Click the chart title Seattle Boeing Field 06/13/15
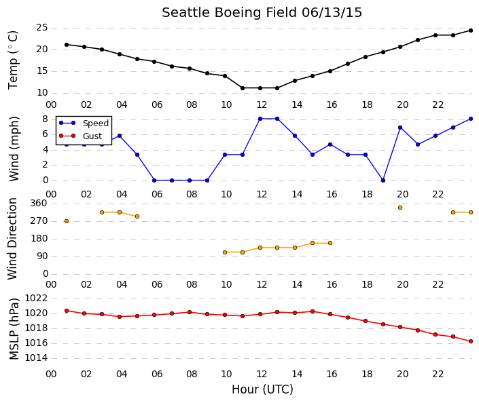click(x=262, y=13)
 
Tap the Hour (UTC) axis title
click(x=262, y=389)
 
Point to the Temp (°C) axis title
click(x=13, y=60)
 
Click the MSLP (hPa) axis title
click(x=14, y=329)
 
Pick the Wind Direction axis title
click(x=12, y=239)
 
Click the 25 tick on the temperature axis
click(x=42, y=28)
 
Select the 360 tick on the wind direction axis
click(x=39, y=203)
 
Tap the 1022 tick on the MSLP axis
click(x=36, y=298)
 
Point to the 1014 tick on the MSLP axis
click(x=36, y=358)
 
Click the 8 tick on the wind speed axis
click(x=46, y=119)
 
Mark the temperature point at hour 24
click(x=471, y=31)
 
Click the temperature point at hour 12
click(x=260, y=88)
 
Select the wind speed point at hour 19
click(x=383, y=180)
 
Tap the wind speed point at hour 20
click(x=400, y=128)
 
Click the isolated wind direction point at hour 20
click(x=400, y=208)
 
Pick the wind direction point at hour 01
click(x=67, y=221)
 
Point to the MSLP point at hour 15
click(x=313, y=311)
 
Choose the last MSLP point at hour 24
click(x=471, y=341)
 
